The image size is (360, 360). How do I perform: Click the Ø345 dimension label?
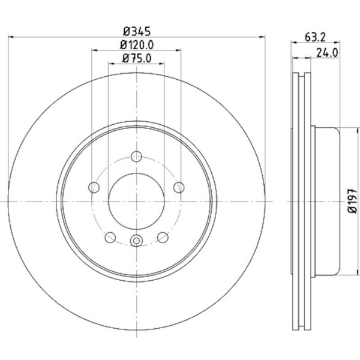click(x=137, y=31)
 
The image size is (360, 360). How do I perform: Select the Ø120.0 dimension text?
click(x=137, y=45)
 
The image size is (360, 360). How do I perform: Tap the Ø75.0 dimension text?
click(x=137, y=58)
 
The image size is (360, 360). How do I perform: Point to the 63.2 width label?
click(x=315, y=37)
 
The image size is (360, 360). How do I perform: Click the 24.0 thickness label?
click(x=327, y=53)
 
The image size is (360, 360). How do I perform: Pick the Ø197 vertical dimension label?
click(x=353, y=201)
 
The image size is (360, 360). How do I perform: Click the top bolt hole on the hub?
click(x=136, y=157)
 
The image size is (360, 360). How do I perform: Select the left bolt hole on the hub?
click(x=94, y=187)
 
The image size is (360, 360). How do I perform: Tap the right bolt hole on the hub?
click(x=179, y=187)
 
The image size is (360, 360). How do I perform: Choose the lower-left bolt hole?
click(x=110, y=237)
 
